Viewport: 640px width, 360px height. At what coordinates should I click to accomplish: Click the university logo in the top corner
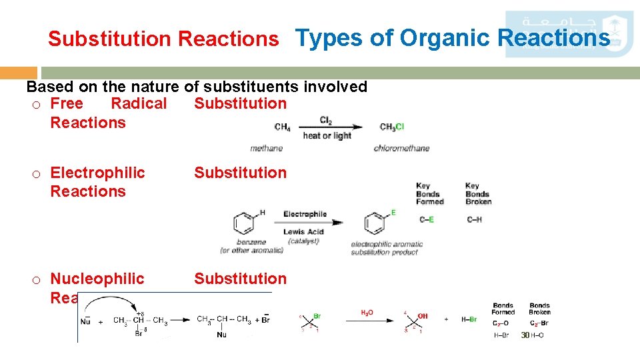[569, 33]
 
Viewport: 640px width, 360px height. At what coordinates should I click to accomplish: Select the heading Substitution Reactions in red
[163, 39]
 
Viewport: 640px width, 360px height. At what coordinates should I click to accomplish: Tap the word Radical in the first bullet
[139, 103]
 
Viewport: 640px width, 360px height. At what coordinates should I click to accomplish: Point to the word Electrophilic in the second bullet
[97, 173]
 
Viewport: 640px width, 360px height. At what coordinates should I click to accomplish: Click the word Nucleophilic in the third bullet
[97, 279]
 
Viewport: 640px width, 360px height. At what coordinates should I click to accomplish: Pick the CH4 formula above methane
[282, 127]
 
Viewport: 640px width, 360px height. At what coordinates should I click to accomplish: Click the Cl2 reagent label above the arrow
[326, 120]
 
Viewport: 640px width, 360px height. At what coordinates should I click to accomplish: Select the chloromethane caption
[401, 148]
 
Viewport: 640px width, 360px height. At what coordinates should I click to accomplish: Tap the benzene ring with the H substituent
[245, 223]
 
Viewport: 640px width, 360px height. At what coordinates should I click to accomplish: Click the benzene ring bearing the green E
[375, 223]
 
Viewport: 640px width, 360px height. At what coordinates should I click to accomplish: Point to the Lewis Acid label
[303, 231]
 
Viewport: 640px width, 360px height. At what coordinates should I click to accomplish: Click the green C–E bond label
[427, 219]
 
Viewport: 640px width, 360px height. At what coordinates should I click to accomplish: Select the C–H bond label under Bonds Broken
[474, 219]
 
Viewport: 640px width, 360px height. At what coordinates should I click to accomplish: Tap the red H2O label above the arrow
[367, 312]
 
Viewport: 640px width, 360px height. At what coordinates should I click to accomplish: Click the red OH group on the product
[423, 315]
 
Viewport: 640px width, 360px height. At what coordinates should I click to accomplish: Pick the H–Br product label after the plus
[469, 319]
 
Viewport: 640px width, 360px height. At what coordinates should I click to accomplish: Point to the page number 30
[525, 335]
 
